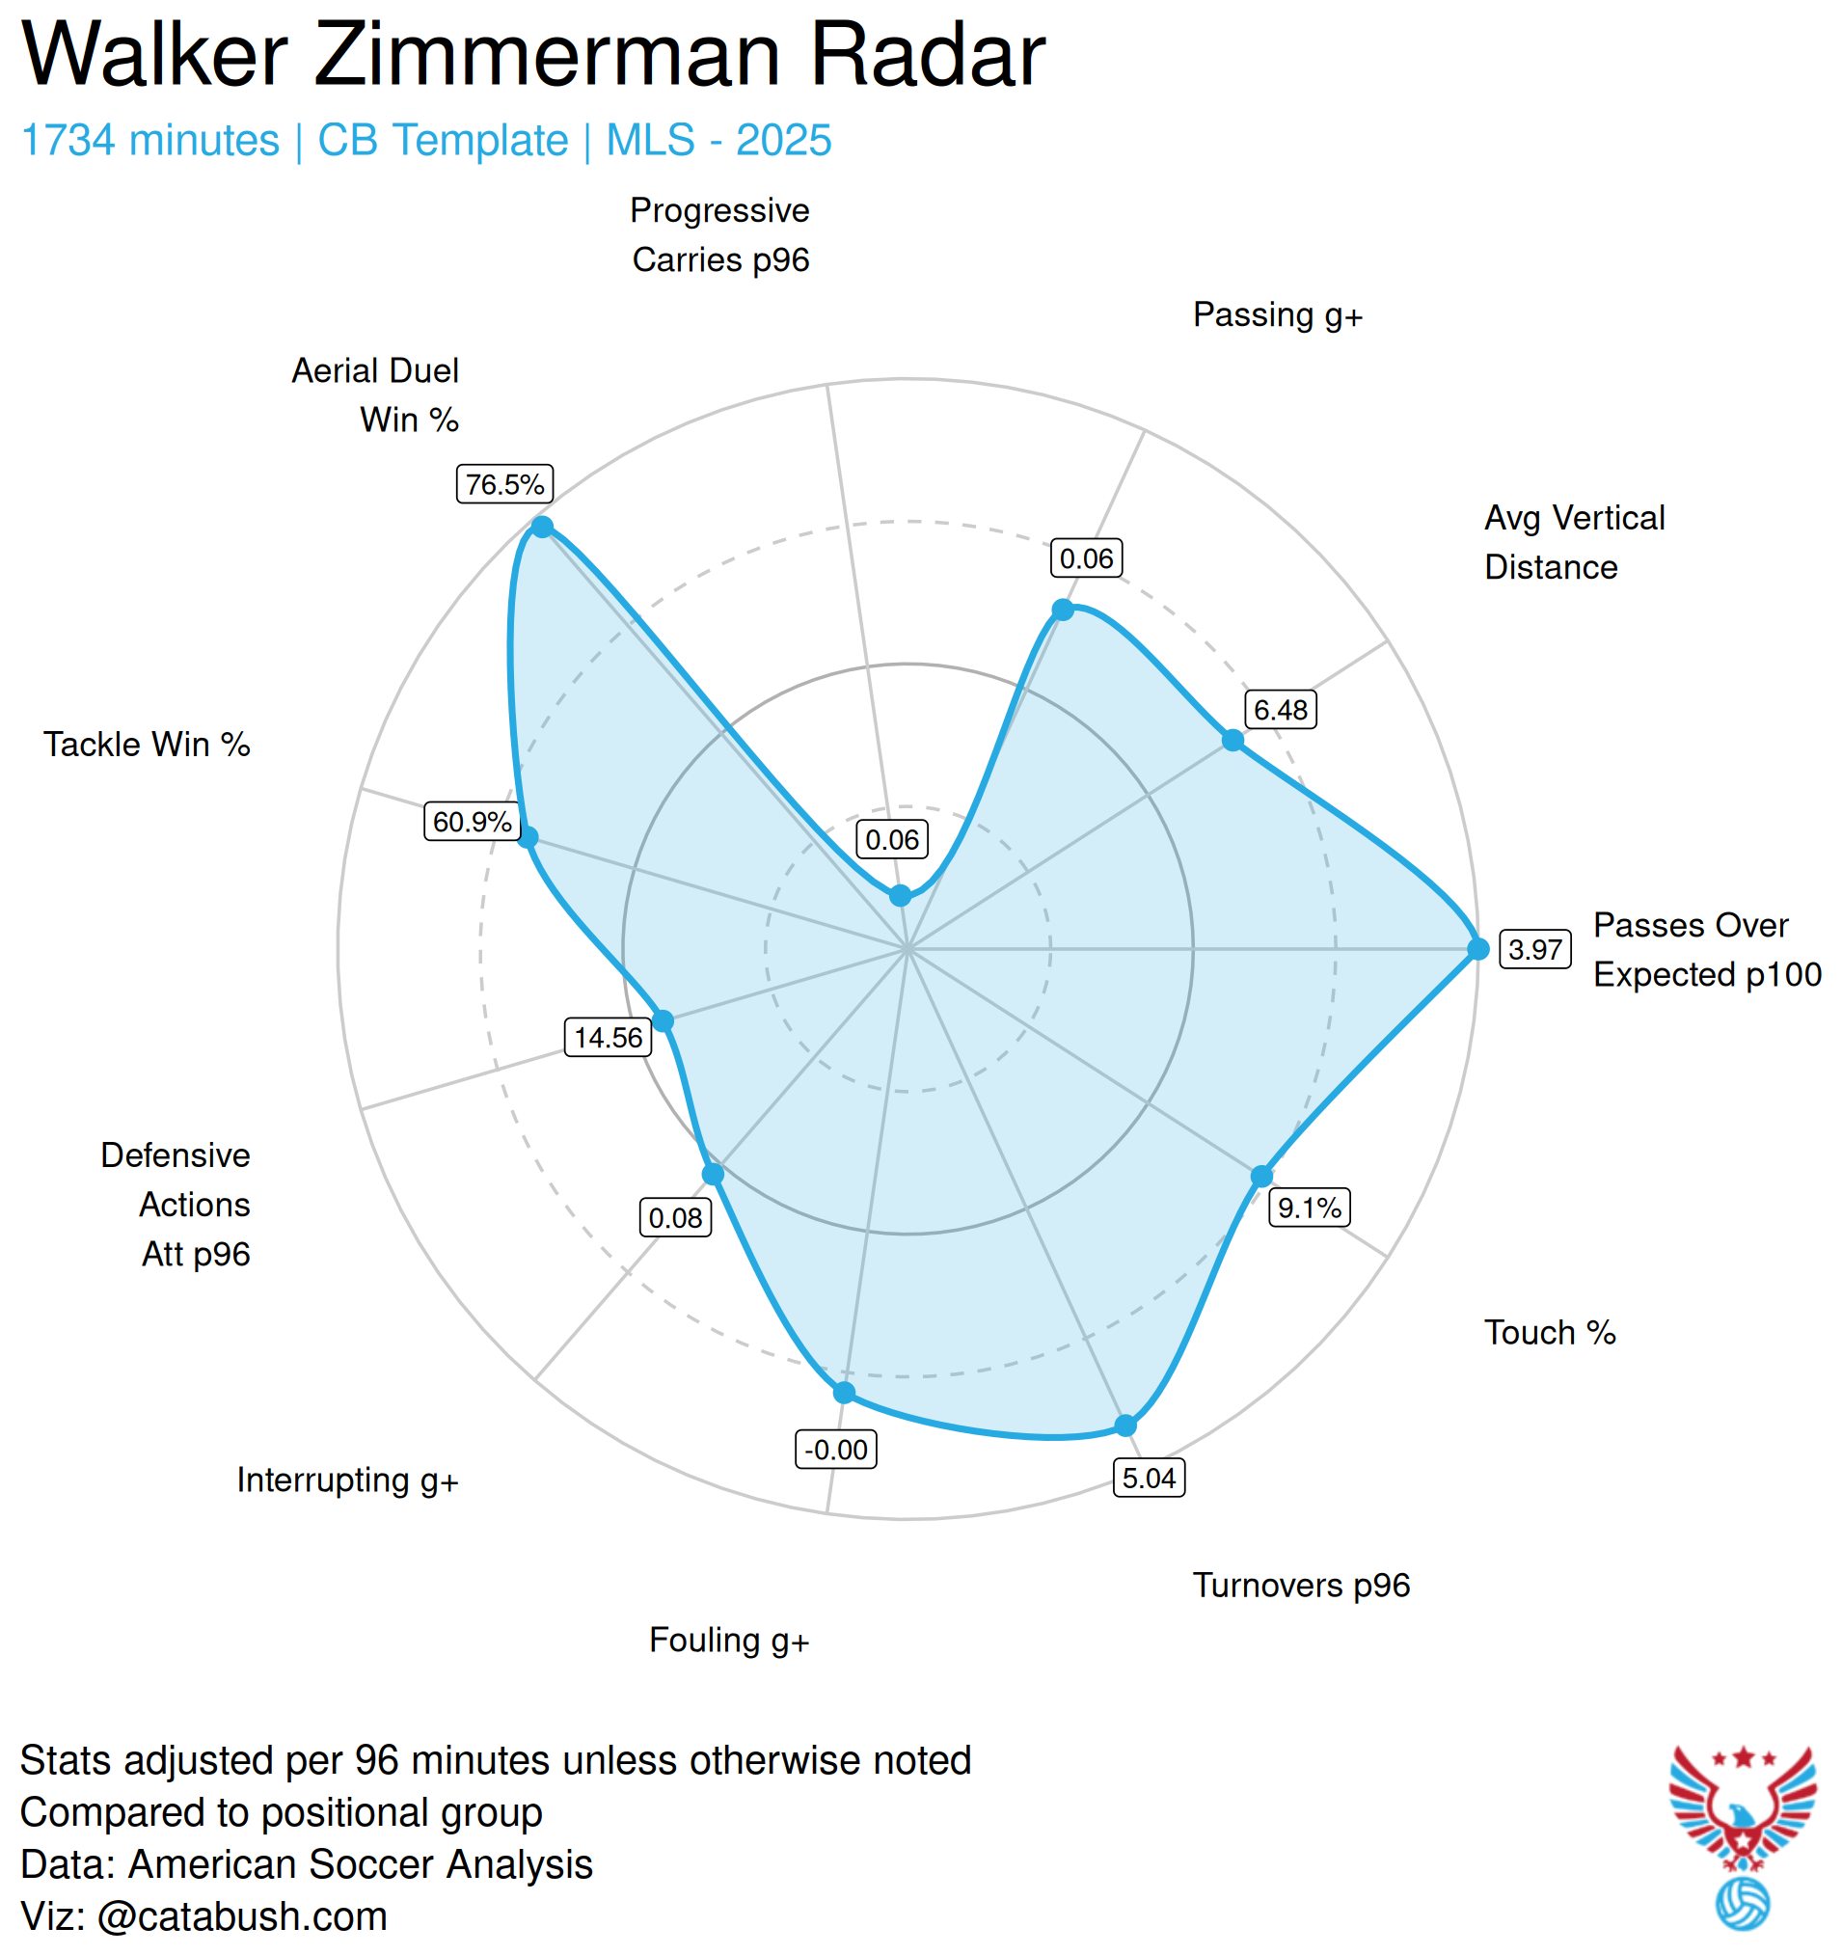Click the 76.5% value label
504,484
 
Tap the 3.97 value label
1534,949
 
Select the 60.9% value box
472,821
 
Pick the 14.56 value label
608,1038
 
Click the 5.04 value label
1149,1478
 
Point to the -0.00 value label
836,1450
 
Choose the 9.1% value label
1309,1208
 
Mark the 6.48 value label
1281,710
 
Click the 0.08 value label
675,1218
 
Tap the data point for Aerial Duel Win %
542,528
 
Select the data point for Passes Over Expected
1478,949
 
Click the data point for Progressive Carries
900,896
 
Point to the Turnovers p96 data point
1126,1425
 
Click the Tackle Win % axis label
147,745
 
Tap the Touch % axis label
1550,1333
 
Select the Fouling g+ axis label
729,1641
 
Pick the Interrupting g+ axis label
347,1480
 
